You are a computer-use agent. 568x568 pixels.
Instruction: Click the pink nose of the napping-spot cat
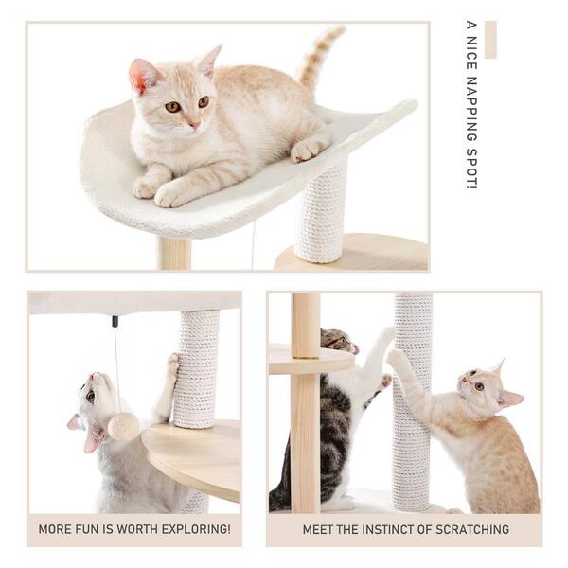point(192,123)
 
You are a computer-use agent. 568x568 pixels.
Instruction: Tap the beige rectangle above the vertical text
point(489,39)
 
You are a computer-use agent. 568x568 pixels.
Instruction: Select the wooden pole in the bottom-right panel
point(305,417)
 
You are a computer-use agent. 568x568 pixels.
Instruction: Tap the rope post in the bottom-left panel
point(198,369)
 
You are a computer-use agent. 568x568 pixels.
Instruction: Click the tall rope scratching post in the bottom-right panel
point(413,398)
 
